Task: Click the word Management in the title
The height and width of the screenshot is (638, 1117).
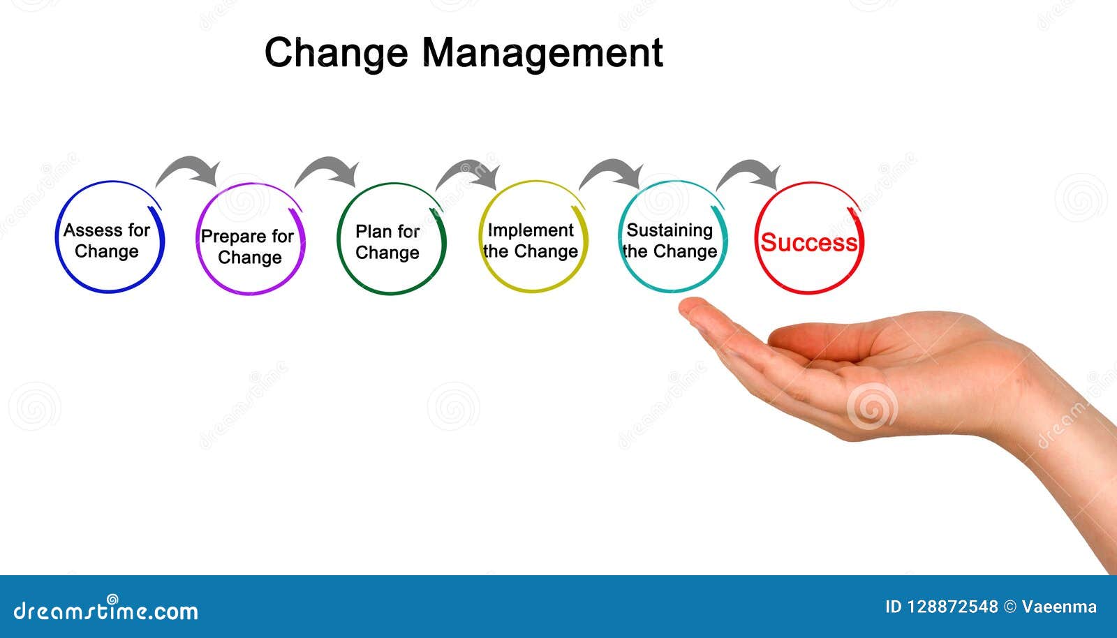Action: [x=542, y=54]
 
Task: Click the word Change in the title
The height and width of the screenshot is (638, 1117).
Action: [x=336, y=54]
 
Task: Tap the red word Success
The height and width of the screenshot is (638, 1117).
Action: [x=809, y=243]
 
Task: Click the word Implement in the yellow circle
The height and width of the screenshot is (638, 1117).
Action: [x=531, y=230]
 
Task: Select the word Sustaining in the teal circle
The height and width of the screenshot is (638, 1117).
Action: [x=670, y=231]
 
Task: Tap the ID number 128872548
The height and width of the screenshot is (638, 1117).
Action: [x=952, y=607]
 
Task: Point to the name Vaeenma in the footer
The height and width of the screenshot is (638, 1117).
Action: [x=1059, y=607]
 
